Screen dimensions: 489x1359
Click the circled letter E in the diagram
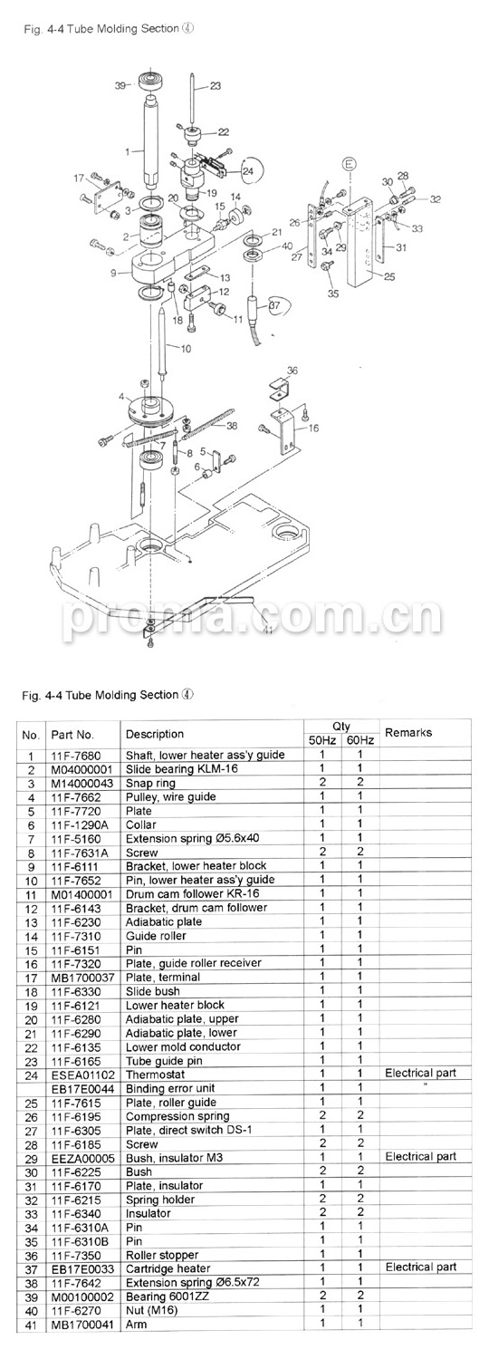pyautogui.click(x=349, y=164)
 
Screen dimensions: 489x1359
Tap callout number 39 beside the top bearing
pyautogui.click(x=120, y=85)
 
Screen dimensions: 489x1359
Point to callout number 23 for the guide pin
pyautogui.click(x=216, y=86)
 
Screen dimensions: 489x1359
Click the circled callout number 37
pyautogui.click(x=274, y=306)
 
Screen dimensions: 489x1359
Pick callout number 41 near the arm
pyautogui.click(x=267, y=629)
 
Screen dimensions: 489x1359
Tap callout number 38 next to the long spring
pyautogui.click(x=232, y=426)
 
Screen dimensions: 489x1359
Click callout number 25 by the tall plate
pyautogui.click(x=389, y=276)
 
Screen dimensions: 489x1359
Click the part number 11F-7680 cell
pyautogui.click(x=76, y=755)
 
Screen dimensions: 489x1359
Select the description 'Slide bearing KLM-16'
pyautogui.click(x=181, y=768)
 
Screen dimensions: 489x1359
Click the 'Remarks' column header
pyautogui.click(x=408, y=732)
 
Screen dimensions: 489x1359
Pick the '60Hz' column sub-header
pyautogui.click(x=360, y=740)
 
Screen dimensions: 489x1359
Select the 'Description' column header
pyautogui.click(x=155, y=734)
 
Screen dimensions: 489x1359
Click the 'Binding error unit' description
pyautogui.click(x=170, y=1089)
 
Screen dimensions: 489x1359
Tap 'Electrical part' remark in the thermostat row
pyautogui.click(x=420, y=1074)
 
